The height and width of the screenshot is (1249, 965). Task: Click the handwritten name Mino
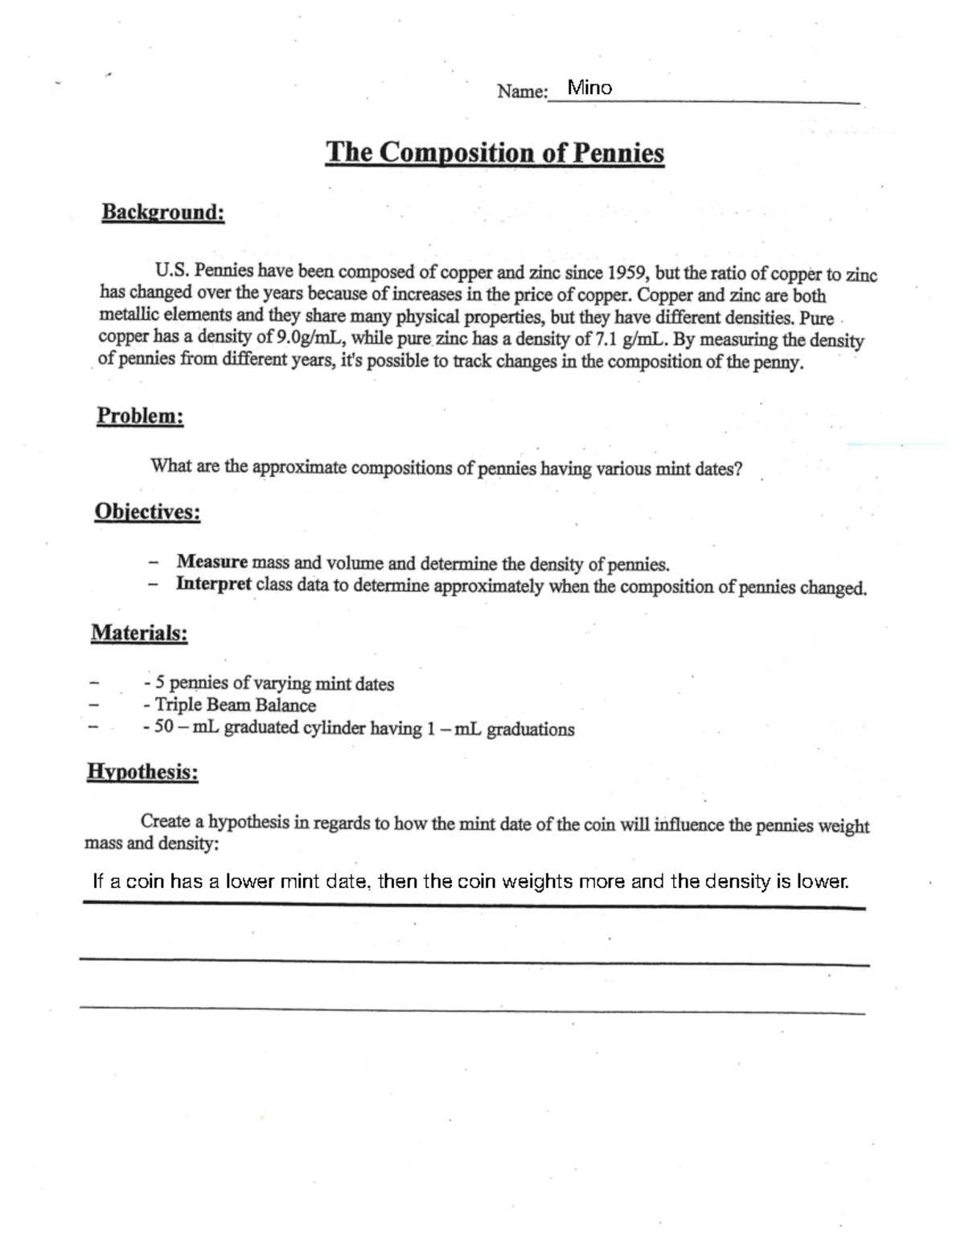[589, 88]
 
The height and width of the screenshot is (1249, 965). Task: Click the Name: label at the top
[521, 91]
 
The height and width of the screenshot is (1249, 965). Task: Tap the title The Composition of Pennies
[495, 152]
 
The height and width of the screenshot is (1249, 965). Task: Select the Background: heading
[162, 212]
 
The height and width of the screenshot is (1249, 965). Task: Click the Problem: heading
[140, 416]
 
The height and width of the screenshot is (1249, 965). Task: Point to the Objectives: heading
[147, 512]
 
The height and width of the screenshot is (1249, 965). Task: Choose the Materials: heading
[139, 633]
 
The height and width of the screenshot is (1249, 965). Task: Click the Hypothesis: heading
[142, 772]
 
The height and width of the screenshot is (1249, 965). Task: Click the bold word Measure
[211, 561]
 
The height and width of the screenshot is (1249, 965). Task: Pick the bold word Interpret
[213, 584]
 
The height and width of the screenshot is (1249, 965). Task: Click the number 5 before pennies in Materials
[160, 683]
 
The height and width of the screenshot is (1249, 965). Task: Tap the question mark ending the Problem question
[737, 469]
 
